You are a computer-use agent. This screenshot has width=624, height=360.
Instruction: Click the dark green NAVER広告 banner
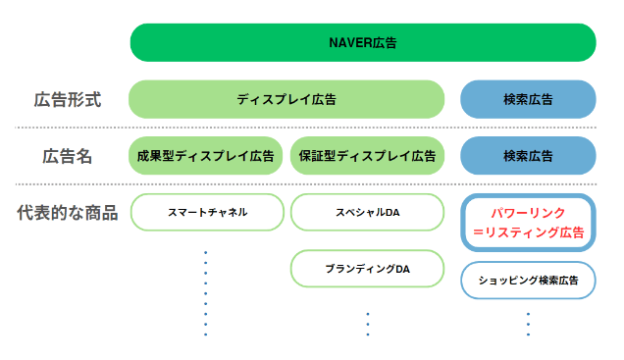[363, 43]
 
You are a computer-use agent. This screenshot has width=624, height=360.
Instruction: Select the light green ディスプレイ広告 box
[286, 99]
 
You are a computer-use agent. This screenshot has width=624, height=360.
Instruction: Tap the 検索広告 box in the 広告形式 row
[528, 99]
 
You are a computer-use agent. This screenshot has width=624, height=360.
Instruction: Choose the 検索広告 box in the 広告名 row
[528, 156]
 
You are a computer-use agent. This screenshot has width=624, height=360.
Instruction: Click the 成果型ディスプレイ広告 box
[206, 156]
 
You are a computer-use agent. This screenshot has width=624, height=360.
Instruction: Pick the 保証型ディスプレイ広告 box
[368, 156]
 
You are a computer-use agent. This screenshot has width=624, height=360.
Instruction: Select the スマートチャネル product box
[206, 212]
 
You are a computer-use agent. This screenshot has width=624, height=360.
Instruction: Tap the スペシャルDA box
[368, 212]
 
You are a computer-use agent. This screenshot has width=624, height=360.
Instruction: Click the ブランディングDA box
[368, 269]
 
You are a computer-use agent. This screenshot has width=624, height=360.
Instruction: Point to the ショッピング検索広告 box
[528, 281]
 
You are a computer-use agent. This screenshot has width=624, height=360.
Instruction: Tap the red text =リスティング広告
[528, 233]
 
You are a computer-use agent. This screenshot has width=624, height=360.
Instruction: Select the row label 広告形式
[68, 100]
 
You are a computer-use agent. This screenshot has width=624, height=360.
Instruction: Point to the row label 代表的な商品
[68, 213]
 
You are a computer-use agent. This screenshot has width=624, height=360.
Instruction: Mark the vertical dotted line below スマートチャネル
[205, 292]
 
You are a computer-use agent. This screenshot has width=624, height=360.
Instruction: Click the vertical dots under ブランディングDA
[368, 324]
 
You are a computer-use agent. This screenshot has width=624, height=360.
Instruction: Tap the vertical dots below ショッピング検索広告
[528, 324]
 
